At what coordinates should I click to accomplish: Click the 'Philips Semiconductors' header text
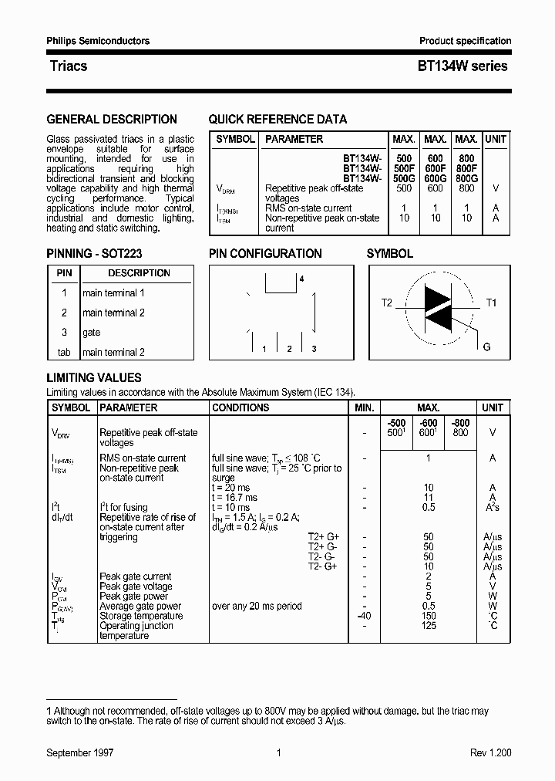[98, 41]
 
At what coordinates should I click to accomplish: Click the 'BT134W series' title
[462, 66]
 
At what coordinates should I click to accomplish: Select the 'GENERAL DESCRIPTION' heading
[112, 120]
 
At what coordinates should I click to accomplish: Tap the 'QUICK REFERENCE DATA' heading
[277, 120]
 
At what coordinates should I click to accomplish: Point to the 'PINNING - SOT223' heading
[94, 253]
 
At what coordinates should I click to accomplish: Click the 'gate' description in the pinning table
[92, 333]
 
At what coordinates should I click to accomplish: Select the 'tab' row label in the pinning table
[64, 353]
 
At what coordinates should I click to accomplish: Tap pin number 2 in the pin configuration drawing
[289, 350]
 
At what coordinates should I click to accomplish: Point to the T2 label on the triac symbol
[386, 303]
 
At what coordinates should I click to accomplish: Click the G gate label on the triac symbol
[486, 347]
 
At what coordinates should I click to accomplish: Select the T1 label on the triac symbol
[491, 303]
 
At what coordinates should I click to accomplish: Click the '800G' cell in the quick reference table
[466, 178]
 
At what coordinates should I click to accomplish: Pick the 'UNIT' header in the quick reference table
[496, 139]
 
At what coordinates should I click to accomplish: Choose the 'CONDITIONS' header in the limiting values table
[240, 407]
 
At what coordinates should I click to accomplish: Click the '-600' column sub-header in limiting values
[429, 423]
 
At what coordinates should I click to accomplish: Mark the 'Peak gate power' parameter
[133, 597]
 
